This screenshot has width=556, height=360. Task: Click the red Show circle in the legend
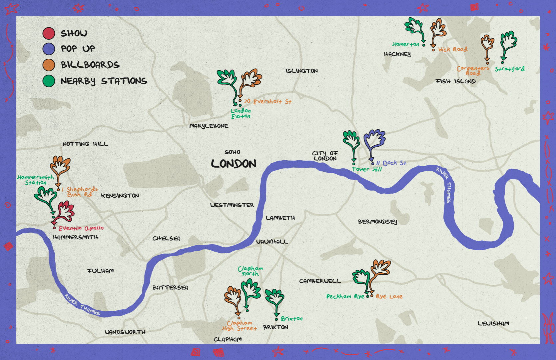49,33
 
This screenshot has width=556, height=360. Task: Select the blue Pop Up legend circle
49,49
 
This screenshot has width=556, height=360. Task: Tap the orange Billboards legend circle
49,65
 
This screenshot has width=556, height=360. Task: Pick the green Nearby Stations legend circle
49,81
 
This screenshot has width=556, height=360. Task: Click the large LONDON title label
234,164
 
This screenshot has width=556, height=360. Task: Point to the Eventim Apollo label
81,228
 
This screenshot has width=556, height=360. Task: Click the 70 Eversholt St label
268,101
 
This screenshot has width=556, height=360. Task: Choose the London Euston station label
241,113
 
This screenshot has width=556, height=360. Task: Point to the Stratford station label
509,69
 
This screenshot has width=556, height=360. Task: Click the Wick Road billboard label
453,49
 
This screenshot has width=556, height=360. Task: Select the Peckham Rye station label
345,296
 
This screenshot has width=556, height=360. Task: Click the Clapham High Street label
240,326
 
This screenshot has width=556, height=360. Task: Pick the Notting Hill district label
85,144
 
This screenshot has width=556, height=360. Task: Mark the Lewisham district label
493,323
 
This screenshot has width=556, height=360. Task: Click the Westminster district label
232,205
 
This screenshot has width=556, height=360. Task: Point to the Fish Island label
456,81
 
